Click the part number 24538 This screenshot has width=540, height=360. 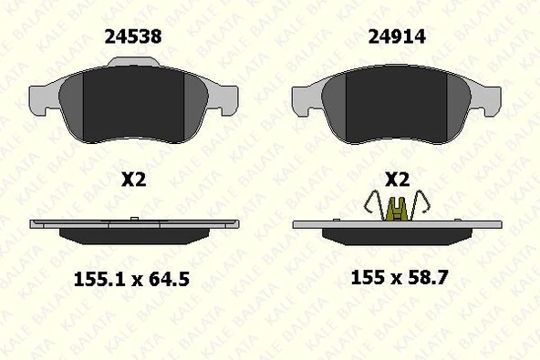click(x=133, y=36)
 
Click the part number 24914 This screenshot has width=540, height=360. click(x=397, y=36)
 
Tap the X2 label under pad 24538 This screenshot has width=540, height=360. click(x=133, y=180)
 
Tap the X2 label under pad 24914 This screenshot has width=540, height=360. click(x=397, y=180)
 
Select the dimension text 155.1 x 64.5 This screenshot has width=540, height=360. click(x=131, y=279)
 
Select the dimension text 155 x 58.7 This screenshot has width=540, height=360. click(x=400, y=277)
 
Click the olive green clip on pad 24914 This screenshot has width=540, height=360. click(x=397, y=210)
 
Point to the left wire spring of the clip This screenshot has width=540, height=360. click(x=374, y=205)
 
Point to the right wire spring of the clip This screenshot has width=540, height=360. click(x=420, y=205)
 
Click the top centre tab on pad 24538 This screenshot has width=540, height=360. click(x=133, y=62)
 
